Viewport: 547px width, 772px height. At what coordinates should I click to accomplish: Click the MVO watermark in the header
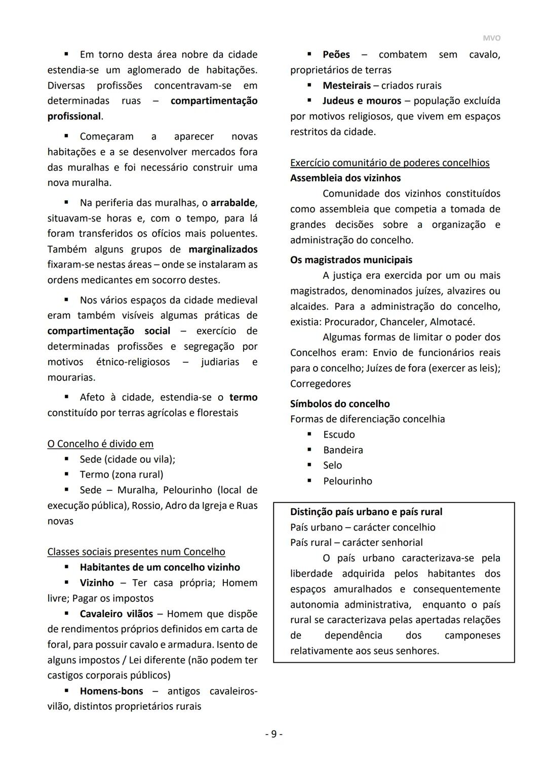pos(491,38)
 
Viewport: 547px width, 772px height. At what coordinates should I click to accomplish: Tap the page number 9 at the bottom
pos(273,734)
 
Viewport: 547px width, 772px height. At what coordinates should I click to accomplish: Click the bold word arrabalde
pos(233,203)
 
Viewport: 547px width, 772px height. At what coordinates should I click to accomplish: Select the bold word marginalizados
pos(223,249)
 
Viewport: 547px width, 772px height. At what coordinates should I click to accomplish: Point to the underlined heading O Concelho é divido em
pos(100,444)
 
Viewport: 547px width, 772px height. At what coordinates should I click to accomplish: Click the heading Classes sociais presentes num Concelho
pos(136,552)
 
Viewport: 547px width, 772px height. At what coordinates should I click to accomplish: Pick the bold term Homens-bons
pos(111,691)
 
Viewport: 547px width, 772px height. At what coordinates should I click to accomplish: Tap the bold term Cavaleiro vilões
pos(116,614)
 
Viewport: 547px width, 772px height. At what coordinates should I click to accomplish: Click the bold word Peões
pos(336,55)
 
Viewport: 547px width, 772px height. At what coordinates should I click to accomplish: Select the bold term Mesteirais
pos(347,85)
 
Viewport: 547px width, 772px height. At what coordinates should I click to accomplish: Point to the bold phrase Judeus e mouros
pos(362,101)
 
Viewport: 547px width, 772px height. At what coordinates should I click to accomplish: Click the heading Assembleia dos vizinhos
pos(345,178)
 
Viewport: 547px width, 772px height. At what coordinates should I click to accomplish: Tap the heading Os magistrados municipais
pos(351,260)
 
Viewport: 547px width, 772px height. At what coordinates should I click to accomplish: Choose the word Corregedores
pos(320,383)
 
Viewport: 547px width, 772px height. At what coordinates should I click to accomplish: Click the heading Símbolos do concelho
pos(340,404)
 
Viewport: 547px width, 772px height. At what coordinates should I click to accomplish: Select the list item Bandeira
pos(343,450)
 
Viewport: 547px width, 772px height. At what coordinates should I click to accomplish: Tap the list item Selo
pos(332,465)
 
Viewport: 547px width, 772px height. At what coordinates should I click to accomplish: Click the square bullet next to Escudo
pos(309,434)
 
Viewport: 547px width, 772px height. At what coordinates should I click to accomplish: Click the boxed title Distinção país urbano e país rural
pos(366,511)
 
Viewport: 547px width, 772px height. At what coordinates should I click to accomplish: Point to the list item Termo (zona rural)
pos(122,475)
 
